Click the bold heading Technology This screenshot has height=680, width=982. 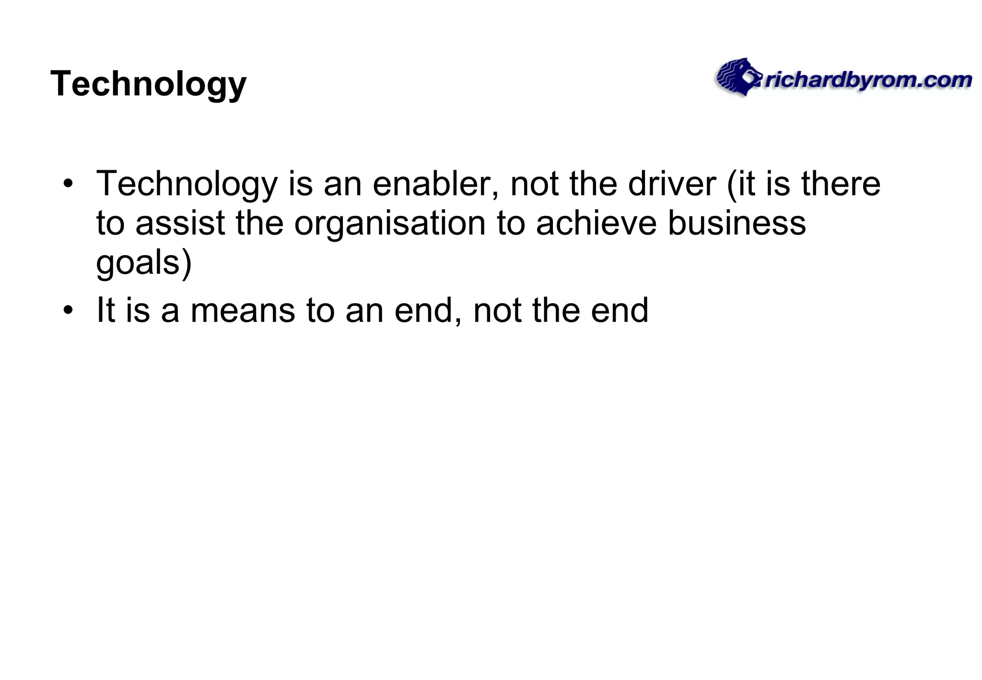148,84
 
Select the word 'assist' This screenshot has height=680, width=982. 180,223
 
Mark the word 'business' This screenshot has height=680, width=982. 737,223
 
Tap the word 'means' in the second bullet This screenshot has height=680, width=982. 243,310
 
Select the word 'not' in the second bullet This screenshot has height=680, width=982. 497,310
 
